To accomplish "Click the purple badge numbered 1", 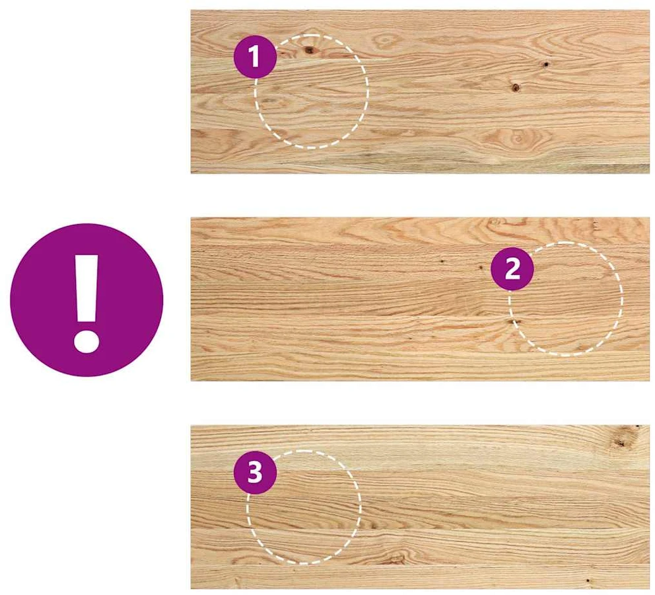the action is click(x=255, y=56).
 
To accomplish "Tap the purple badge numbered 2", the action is click(x=512, y=268).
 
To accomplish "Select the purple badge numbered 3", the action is click(x=255, y=473).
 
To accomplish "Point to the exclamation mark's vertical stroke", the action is click(x=86, y=288).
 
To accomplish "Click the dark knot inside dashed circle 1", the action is click(x=310, y=51).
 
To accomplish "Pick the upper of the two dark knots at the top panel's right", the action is click(x=545, y=64).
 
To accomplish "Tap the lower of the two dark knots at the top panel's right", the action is click(x=516, y=87).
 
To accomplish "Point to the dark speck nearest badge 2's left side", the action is click(x=481, y=268).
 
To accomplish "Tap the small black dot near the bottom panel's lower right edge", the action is click(x=588, y=580).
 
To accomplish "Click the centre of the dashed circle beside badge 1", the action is click(x=312, y=91).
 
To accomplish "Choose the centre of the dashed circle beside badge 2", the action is click(x=566, y=299).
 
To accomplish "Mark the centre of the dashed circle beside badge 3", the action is click(x=304, y=507).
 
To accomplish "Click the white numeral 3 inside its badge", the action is click(x=255, y=473).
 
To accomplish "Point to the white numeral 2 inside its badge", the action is click(x=512, y=269).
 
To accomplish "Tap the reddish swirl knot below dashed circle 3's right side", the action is click(x=394, y=558).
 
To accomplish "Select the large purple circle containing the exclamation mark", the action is click(x=86, y=300).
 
